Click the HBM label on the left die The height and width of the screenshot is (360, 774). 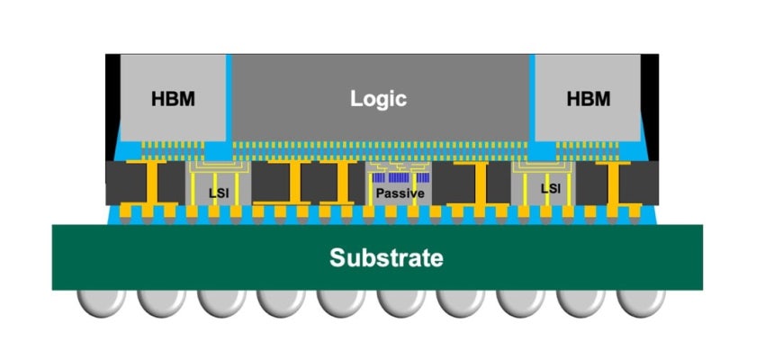point(173,98)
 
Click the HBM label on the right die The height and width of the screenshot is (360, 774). point(589,98)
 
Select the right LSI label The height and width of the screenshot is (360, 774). point(551,189)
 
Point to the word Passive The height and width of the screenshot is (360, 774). point(399,193)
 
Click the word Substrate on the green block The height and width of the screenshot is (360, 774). point(386,258)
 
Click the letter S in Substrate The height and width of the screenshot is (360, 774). point(337,258)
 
